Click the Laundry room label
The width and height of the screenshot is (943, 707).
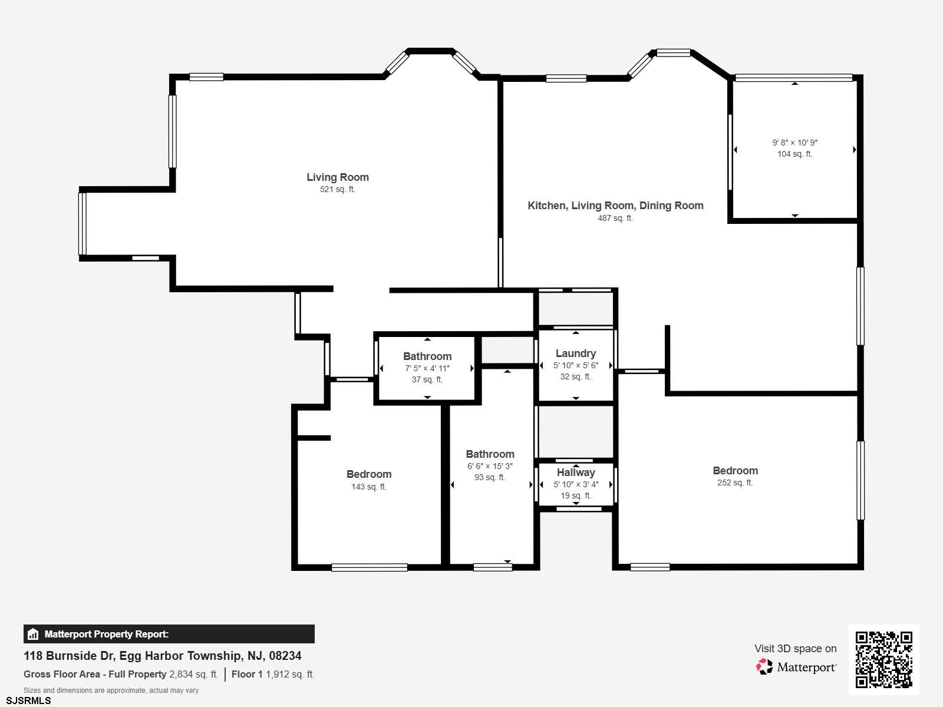coord(576,353)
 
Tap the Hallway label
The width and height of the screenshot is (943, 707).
coord(576,472)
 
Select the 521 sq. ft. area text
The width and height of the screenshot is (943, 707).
coord(337,189)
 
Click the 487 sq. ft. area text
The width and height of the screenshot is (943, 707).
coord(615,218)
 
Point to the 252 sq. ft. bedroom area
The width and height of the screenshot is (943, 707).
coord(735,483)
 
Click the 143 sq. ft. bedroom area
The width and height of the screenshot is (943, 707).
coord(369,487)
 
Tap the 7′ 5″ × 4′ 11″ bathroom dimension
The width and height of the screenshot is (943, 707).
coord(427,368)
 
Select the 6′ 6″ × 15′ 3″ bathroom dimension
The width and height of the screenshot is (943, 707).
coord(490,466)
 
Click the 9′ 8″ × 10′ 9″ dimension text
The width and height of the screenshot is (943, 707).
coord(795,143)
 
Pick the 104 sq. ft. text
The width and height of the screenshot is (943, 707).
coord(795,154)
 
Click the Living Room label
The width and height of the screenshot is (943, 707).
coord(338,177)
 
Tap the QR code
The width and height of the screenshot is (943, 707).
coord(883,660)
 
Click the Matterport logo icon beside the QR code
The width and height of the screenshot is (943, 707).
coord(764,667)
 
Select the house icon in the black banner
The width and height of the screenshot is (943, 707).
coord(33,634)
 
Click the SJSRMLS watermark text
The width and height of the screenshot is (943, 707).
coord(28,701)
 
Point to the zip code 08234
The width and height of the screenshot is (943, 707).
coord(285,656)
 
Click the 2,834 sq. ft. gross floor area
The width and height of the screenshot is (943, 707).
coord(194,675)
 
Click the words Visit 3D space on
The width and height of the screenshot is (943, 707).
coord(796,649)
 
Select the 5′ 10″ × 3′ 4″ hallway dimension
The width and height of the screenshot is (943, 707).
coord(576,484)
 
